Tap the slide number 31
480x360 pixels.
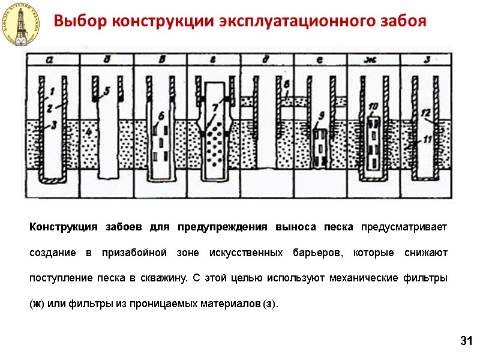point(466,341)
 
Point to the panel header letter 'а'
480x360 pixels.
point(51,59)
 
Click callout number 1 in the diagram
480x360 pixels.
point(52,91)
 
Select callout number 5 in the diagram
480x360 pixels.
point(106,91)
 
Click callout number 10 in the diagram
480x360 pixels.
point(373,107)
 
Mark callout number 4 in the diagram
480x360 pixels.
point(89,131)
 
